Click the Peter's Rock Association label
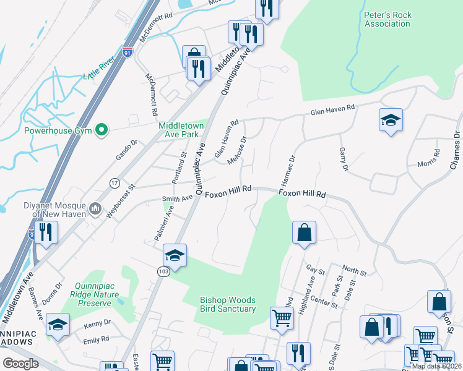387,19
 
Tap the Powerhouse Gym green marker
104,130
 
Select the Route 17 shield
114,183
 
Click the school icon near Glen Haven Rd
391,120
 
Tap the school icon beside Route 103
175,256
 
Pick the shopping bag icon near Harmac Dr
304,233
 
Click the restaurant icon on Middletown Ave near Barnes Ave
46,232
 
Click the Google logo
20,364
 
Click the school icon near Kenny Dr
58,325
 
